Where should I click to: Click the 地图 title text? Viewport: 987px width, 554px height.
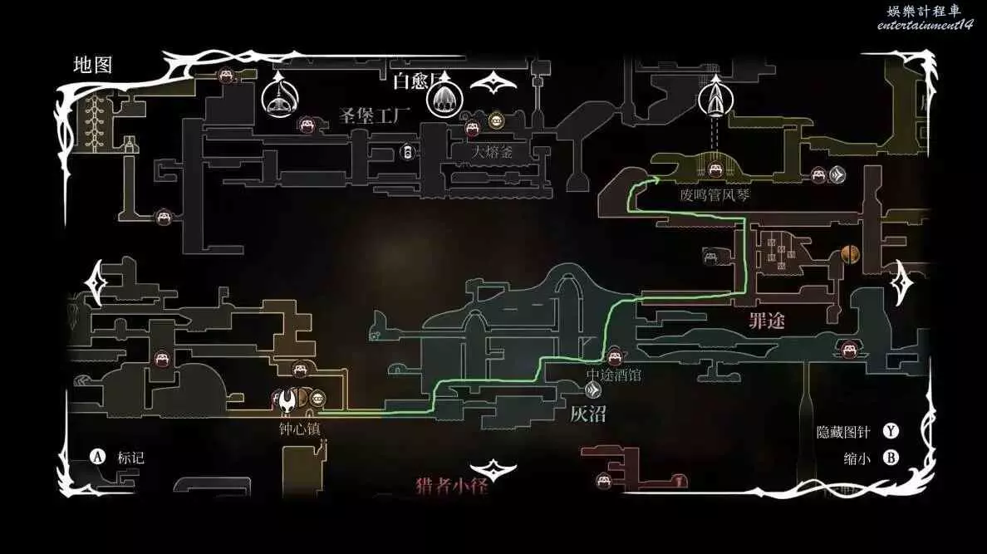tap(92, 66)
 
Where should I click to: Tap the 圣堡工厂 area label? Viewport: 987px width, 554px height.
tap(375, 115)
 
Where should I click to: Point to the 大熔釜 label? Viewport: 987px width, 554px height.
tap(493, 152)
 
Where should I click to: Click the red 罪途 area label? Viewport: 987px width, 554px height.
tap(766, 321)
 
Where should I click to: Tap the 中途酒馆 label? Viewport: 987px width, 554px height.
tap(614, 375)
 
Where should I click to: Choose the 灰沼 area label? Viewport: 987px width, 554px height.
tap(587, 413)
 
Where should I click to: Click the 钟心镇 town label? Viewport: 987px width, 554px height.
tap(300, 429)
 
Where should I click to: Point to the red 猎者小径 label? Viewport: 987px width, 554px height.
tap(451, 486)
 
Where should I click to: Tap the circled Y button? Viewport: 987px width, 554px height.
tap(891, 431)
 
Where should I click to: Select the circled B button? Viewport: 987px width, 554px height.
tap(891, 458)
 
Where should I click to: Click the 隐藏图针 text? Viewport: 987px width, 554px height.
tap(844, 432)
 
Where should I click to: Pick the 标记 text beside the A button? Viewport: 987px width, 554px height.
tap(130, 458)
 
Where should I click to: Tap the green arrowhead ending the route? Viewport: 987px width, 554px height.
tap(656, 178)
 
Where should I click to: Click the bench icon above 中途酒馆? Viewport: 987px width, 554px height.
tap(615, 356)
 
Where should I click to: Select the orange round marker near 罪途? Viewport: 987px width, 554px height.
tap(849, 253)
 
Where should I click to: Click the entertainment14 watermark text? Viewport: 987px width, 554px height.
tap(925, 25)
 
